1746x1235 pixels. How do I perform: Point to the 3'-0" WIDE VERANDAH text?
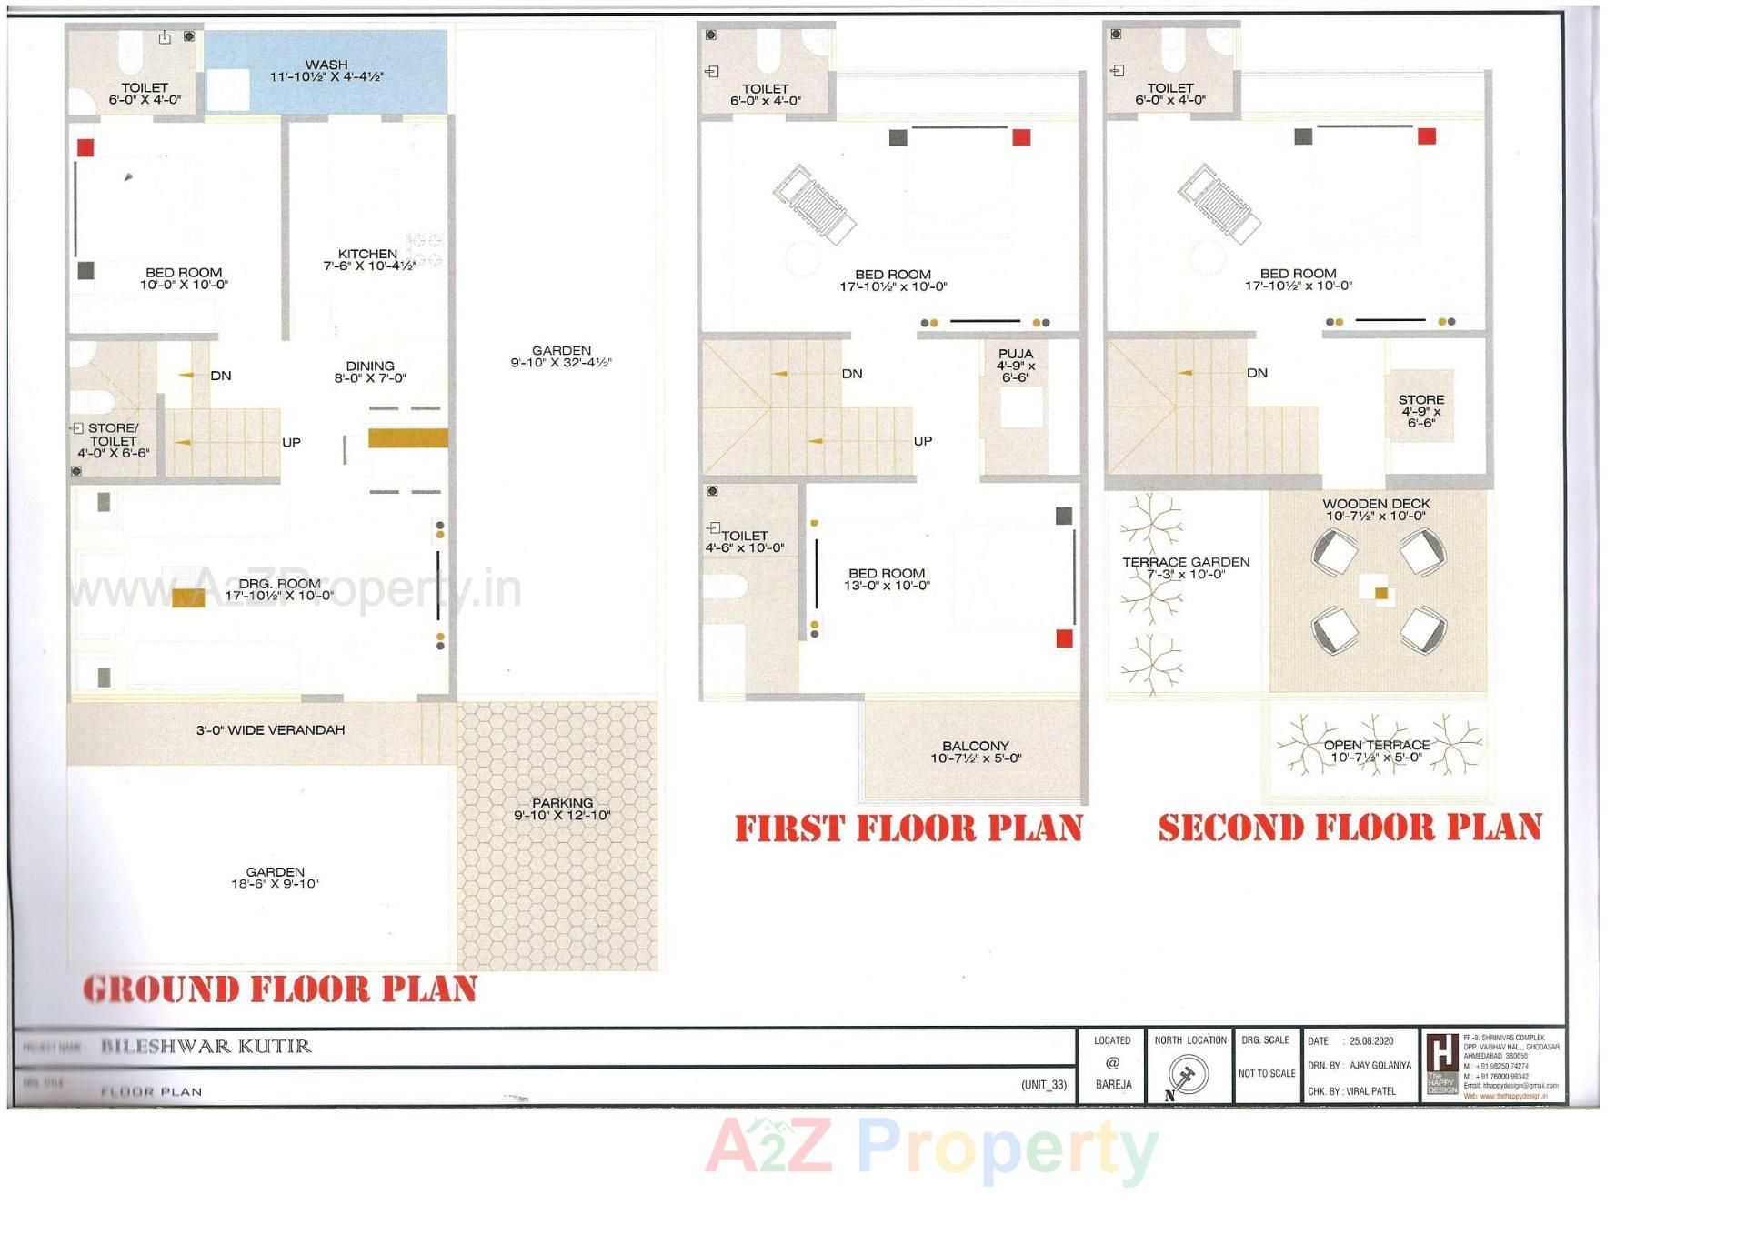[x=270, y=730]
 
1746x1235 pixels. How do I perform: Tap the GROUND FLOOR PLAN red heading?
[x=280, y=989]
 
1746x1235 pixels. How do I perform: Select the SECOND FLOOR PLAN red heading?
[x=1350, y=828]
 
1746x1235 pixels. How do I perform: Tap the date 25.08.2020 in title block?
[x=1371, y=1041]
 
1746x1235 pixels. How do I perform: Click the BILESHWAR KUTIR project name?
[x=206, y=1047]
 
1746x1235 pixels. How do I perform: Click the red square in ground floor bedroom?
[x=85, y=147]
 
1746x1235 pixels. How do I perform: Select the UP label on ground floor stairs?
[x=291, y=443]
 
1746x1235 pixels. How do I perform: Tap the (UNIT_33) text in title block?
[x=1043, y=1085]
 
